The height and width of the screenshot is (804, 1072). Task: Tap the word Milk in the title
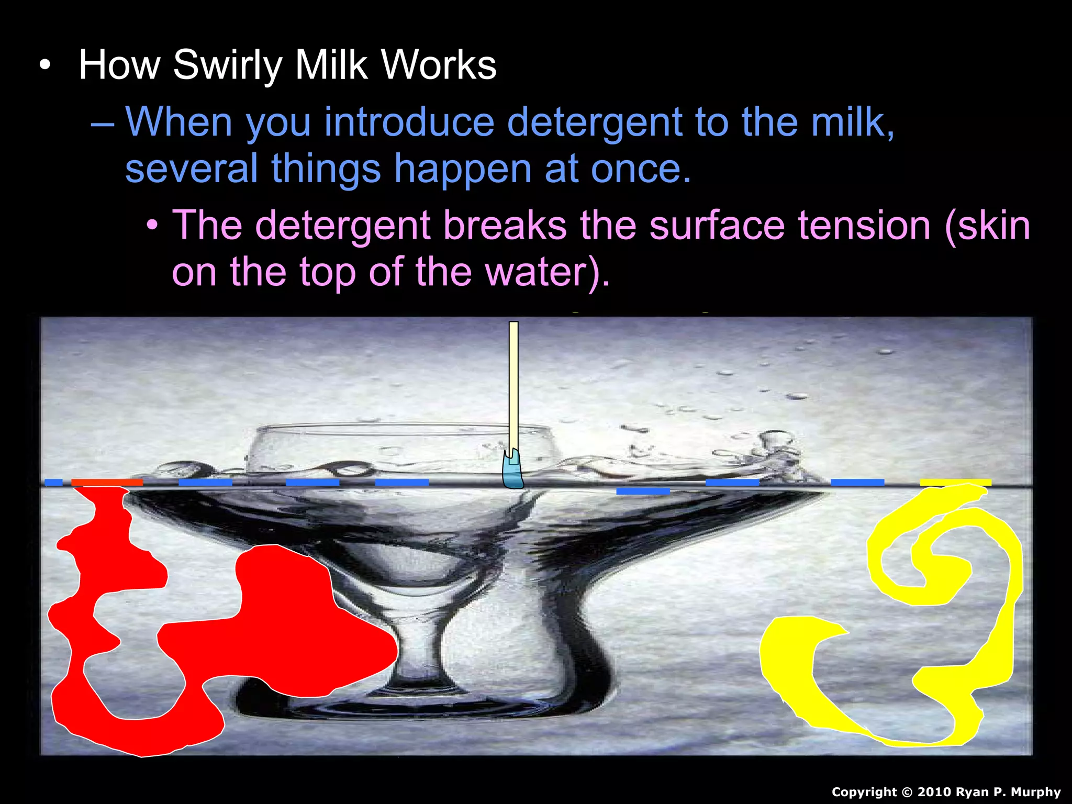pos(331,65)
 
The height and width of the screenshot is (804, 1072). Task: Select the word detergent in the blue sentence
pos(595,122)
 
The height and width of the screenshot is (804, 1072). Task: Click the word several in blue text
pos(191,169)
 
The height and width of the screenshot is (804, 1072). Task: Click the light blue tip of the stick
pos(512,471)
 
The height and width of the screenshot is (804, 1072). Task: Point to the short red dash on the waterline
pos(107,482)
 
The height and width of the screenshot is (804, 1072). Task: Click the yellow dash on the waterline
pos(955,482)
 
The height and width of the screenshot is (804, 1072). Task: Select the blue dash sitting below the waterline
pos(643,492)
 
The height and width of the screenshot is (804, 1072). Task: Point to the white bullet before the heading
pos(46,66)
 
